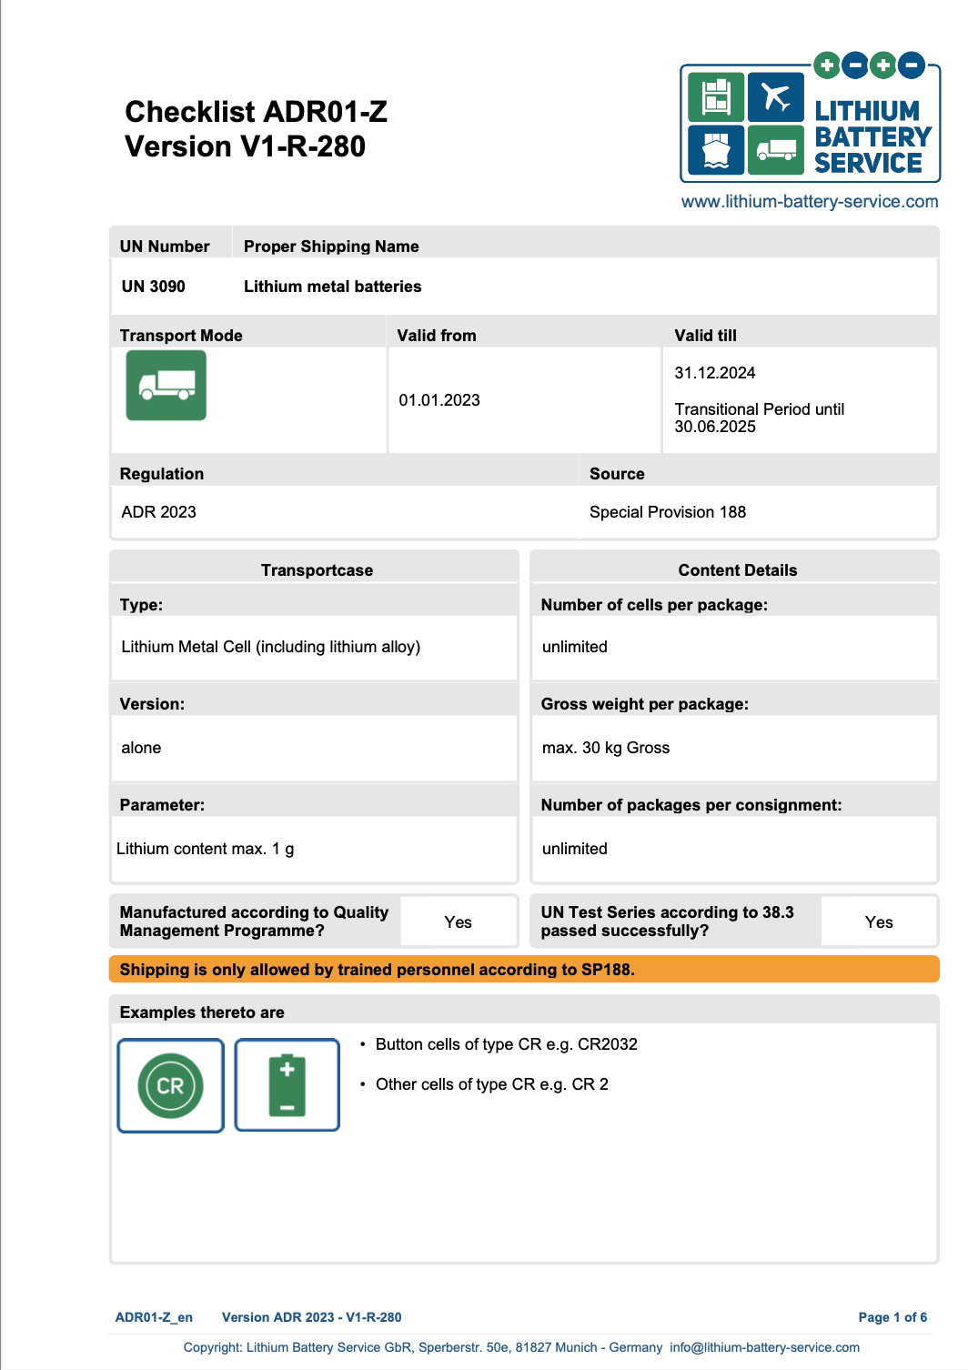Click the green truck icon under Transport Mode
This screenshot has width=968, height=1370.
(x=166, y=386)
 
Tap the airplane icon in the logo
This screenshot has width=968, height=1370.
(x=775, y=97)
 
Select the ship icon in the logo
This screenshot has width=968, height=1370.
(x=716, y=149)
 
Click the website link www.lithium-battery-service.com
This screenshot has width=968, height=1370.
(x=809, y=202)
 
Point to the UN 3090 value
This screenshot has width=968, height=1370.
(x=153, y=287)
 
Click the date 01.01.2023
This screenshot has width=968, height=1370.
(x=439, y=400)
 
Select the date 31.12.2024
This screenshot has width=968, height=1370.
(x=714, y=373)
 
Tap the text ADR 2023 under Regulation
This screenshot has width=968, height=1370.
(x=158, y=512)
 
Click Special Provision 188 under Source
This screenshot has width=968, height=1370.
(x=667, y=512)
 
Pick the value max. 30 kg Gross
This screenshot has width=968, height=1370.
(x=605, y=748)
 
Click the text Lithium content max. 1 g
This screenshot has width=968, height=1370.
(x=205, y=849)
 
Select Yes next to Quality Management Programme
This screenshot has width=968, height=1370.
(x=458, y=922)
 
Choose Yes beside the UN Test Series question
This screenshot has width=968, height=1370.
(x=878, y=922)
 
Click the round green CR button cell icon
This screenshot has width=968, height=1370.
(x=170, y=1085)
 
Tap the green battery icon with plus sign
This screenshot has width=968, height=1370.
(x=287, y=1085)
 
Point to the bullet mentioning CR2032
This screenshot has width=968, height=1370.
(x=506, y=1044)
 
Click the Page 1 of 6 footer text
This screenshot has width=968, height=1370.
(x=892, y=1317)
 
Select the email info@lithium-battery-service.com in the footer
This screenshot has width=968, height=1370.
(x=764, y=1347)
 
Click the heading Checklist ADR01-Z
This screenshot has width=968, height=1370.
(x=256, y=112)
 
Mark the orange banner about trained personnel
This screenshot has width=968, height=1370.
(x=523, y=970)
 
